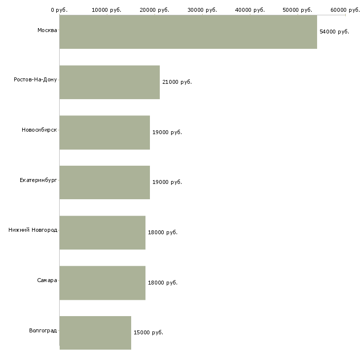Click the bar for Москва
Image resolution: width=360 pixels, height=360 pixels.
click(x=188, y=32)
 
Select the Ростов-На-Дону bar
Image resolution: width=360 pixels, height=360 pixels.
click(x=110, y=82)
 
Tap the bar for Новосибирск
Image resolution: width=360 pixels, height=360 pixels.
click(x=105, y=133)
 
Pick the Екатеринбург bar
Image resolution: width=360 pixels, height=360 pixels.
click(x=105, y=182)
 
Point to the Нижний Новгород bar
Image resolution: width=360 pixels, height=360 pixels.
click(x=103, y=233)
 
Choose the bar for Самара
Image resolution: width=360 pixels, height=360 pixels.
click(x=103, y=283)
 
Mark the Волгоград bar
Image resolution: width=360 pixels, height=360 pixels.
click(x=95, y=333)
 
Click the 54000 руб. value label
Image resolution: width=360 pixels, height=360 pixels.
click(x=334, y=32)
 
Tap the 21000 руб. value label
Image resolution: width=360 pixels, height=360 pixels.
click(x=177, y=82)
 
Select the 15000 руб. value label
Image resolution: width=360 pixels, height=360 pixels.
click(x=148, y=332)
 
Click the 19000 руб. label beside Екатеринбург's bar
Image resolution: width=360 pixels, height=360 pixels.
click(x=167, y=182)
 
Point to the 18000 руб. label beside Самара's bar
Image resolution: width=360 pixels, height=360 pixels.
click(x=163, y=283)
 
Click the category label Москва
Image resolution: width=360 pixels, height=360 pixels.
click(x=47, y=30)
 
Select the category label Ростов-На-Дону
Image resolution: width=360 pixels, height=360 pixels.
click(x=36, y=79)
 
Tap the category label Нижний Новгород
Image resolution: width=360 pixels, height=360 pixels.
click(x=33, y=230)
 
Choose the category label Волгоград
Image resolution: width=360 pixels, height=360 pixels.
click(x=43, y=330)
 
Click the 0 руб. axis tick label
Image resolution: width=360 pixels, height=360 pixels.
click(x=59, y=10)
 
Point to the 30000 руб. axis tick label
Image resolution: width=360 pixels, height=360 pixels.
click(x=202, y=10)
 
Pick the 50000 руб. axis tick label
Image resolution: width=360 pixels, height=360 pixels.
click(x=297, y=10)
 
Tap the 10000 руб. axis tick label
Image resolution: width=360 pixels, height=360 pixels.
click(x=107, y=10)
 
